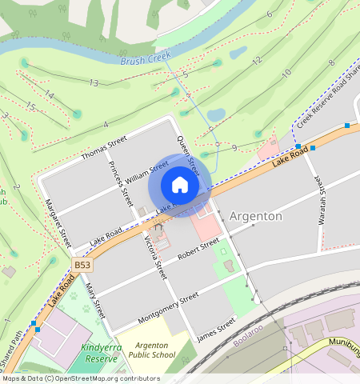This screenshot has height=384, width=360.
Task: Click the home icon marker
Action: [180, 186]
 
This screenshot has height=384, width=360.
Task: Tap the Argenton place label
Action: [255, 216]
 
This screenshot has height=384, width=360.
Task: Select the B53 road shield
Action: [82, 263]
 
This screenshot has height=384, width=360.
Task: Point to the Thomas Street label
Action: [104, 149]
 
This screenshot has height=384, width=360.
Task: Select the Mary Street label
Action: [95, 300]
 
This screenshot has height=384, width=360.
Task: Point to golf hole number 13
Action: [94, 83]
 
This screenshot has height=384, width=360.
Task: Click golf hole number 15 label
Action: [30, 106]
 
